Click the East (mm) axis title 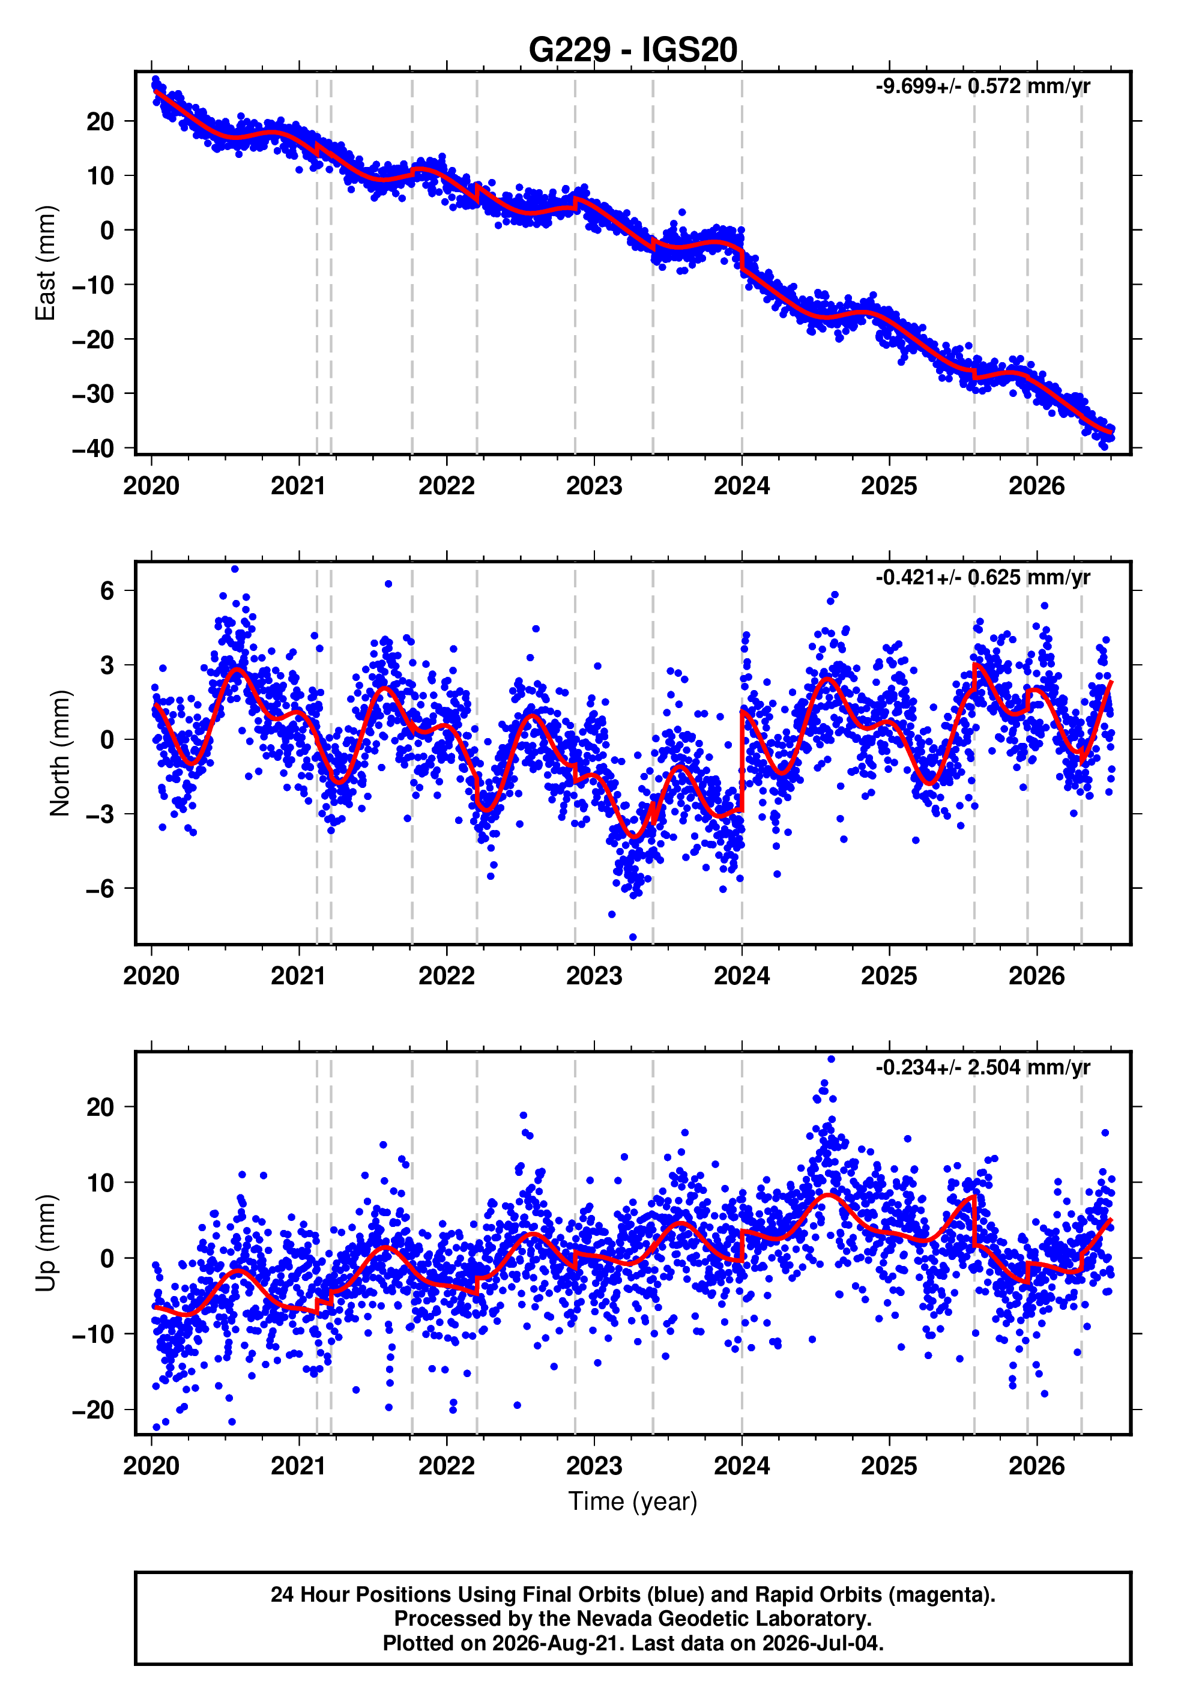pyautogui.click(x=46, y=264)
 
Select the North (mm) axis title pyautogui.click(x=60, y=753)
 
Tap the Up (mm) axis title pyautogui.click(x=46, y=1243)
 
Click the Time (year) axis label pyautogui.click(x=633, y=1502)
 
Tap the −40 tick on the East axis pyautogui.click(x=93, y=449)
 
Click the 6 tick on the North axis pyautogui.click(x=107, y=590)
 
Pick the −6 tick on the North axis pyautogui.click(x=100, y=889)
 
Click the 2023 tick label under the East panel pyautogui.click(x=594, y=486)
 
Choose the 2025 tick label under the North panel pyautogui.click(x=889, y=977)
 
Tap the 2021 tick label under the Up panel pyautogui.click(x=299, y=1466)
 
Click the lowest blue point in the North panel pyautogui.click(x=633, y=937)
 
